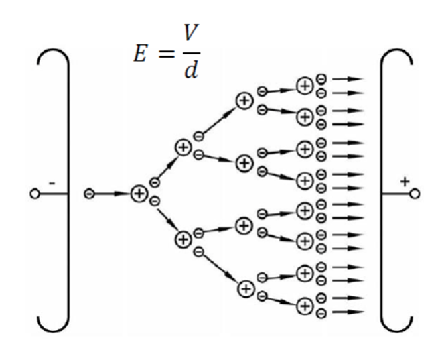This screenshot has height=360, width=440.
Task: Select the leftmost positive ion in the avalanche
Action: pos(139,194)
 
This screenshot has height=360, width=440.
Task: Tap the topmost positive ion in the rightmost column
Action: pos(305,85)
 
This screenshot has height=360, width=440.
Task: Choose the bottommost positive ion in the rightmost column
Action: pos(305,306)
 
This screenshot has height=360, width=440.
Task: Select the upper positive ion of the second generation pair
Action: pos(183,147)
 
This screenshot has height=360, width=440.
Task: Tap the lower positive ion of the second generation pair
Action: pos(183,238)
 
